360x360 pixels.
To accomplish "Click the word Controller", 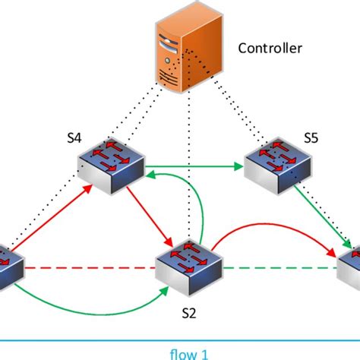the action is (x=270, y=48).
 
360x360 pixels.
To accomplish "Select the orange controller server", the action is (x=189, y=48).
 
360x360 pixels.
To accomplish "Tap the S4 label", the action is (x=74, y=138).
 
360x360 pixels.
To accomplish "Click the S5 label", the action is (x=311, y=138).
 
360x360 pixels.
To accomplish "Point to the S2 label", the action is (x=189, y=314).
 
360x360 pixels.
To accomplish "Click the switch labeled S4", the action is (x=111, y=166).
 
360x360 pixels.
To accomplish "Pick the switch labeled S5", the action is (x=278, y=166).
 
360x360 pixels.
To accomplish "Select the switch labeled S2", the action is (x=189, y=268).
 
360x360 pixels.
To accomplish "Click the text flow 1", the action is (x=189, y=354).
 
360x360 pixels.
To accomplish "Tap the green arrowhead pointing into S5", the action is (x=238, y=166).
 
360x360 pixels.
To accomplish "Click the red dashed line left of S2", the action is (x=90, y=268).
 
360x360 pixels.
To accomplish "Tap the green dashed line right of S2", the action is (x=280, y=268).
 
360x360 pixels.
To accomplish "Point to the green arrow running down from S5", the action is (x=323, y=216).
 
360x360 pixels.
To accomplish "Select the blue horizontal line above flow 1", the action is (x=180, y=340).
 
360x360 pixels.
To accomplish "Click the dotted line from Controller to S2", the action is (x=189, y=166).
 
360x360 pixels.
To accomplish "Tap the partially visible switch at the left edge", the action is (x=11, y=268).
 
